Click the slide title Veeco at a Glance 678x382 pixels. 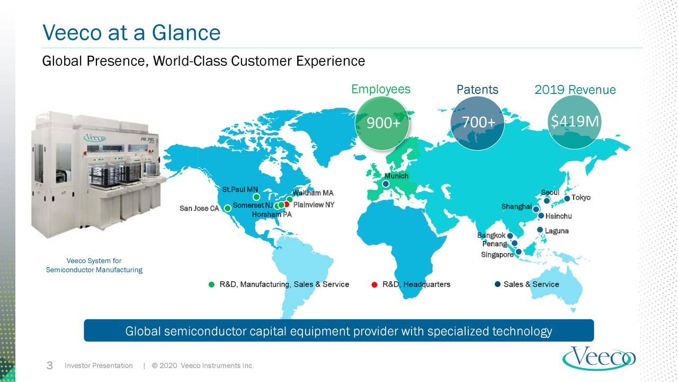131,33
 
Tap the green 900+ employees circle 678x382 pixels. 382,123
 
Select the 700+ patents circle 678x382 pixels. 477,123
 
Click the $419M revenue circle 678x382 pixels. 574,123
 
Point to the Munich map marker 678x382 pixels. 386,184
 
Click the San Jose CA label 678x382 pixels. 199,209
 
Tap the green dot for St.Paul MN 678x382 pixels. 256,197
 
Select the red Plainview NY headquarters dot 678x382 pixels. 287,204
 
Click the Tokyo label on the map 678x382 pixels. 581,197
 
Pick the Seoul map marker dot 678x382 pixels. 547,201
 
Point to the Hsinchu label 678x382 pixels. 558,216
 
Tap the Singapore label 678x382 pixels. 497,255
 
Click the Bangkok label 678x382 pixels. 491,235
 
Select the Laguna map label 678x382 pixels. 557,231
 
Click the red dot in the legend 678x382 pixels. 374,285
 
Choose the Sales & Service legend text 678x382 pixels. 531,284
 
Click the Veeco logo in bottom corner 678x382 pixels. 599,358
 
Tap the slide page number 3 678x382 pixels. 49,366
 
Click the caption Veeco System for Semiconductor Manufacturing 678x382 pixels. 94,265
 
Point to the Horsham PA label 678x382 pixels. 271,215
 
